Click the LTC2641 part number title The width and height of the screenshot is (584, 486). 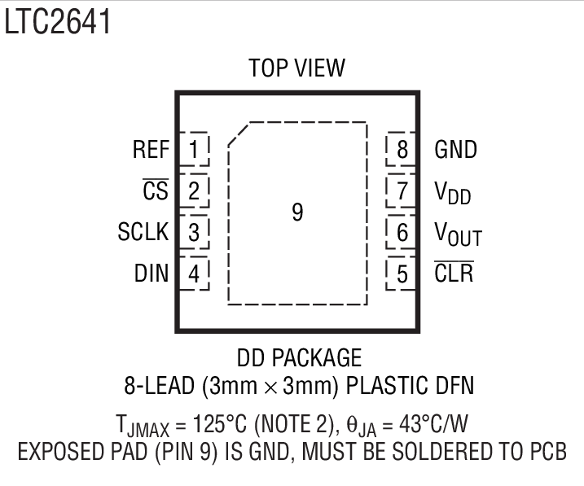point(56,22)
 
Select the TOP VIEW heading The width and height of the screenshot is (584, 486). point(297,68)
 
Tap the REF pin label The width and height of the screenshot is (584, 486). point(151,150)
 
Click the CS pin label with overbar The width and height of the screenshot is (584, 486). point(155,191)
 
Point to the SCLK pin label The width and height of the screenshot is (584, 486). point(143,232)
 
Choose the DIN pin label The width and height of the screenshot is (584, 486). point(151,274)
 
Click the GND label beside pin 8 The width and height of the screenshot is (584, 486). point(456,150)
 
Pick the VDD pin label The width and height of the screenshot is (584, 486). point(453,193)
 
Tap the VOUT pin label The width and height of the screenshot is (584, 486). point(458,234)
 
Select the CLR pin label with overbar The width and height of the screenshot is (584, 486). point(454,273)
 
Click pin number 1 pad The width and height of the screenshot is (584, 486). point(194,150)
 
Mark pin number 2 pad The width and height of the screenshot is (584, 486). point(194,191)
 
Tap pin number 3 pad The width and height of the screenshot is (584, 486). point(194,232)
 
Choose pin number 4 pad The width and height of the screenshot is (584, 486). point(194,274)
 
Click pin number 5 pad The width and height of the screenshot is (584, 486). point(402,274)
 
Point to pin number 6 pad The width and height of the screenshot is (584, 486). point(402,232)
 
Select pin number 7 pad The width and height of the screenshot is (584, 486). point(402,191)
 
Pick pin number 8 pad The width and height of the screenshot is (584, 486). point(402,150)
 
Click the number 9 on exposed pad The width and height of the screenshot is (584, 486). point(297,213)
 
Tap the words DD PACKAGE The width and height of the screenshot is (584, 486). point(299,357)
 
